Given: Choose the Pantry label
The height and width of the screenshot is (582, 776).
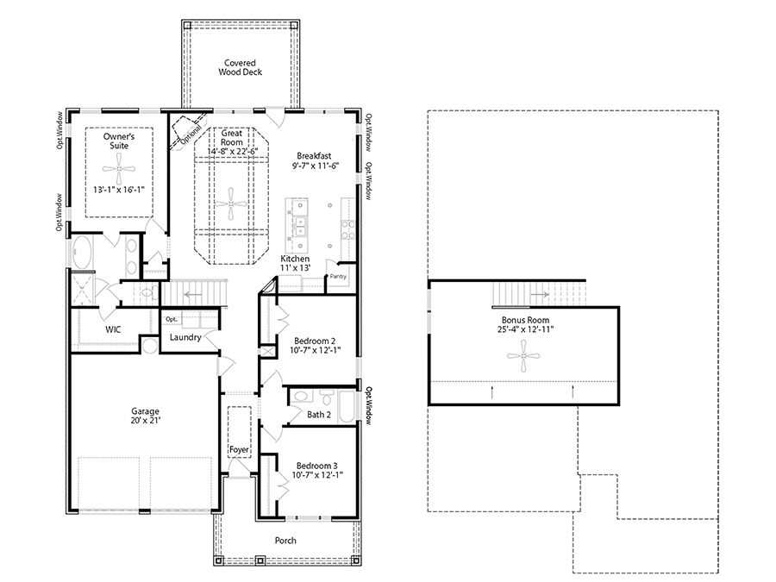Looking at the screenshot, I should [337, 277].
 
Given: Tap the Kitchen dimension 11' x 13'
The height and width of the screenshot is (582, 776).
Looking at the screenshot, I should [295, 268].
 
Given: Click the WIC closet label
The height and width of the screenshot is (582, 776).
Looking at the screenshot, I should [113, 329].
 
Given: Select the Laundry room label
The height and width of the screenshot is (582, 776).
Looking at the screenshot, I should [185, 337].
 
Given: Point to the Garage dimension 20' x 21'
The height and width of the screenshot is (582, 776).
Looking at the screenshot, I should [146, 422].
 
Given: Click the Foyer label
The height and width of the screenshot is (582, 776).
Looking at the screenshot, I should [239, 449].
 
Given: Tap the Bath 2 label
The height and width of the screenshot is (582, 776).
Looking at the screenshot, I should [319, 415].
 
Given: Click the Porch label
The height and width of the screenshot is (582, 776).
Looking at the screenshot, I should [285, 541].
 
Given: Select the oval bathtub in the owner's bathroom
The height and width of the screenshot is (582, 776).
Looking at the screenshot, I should [84, 254].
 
